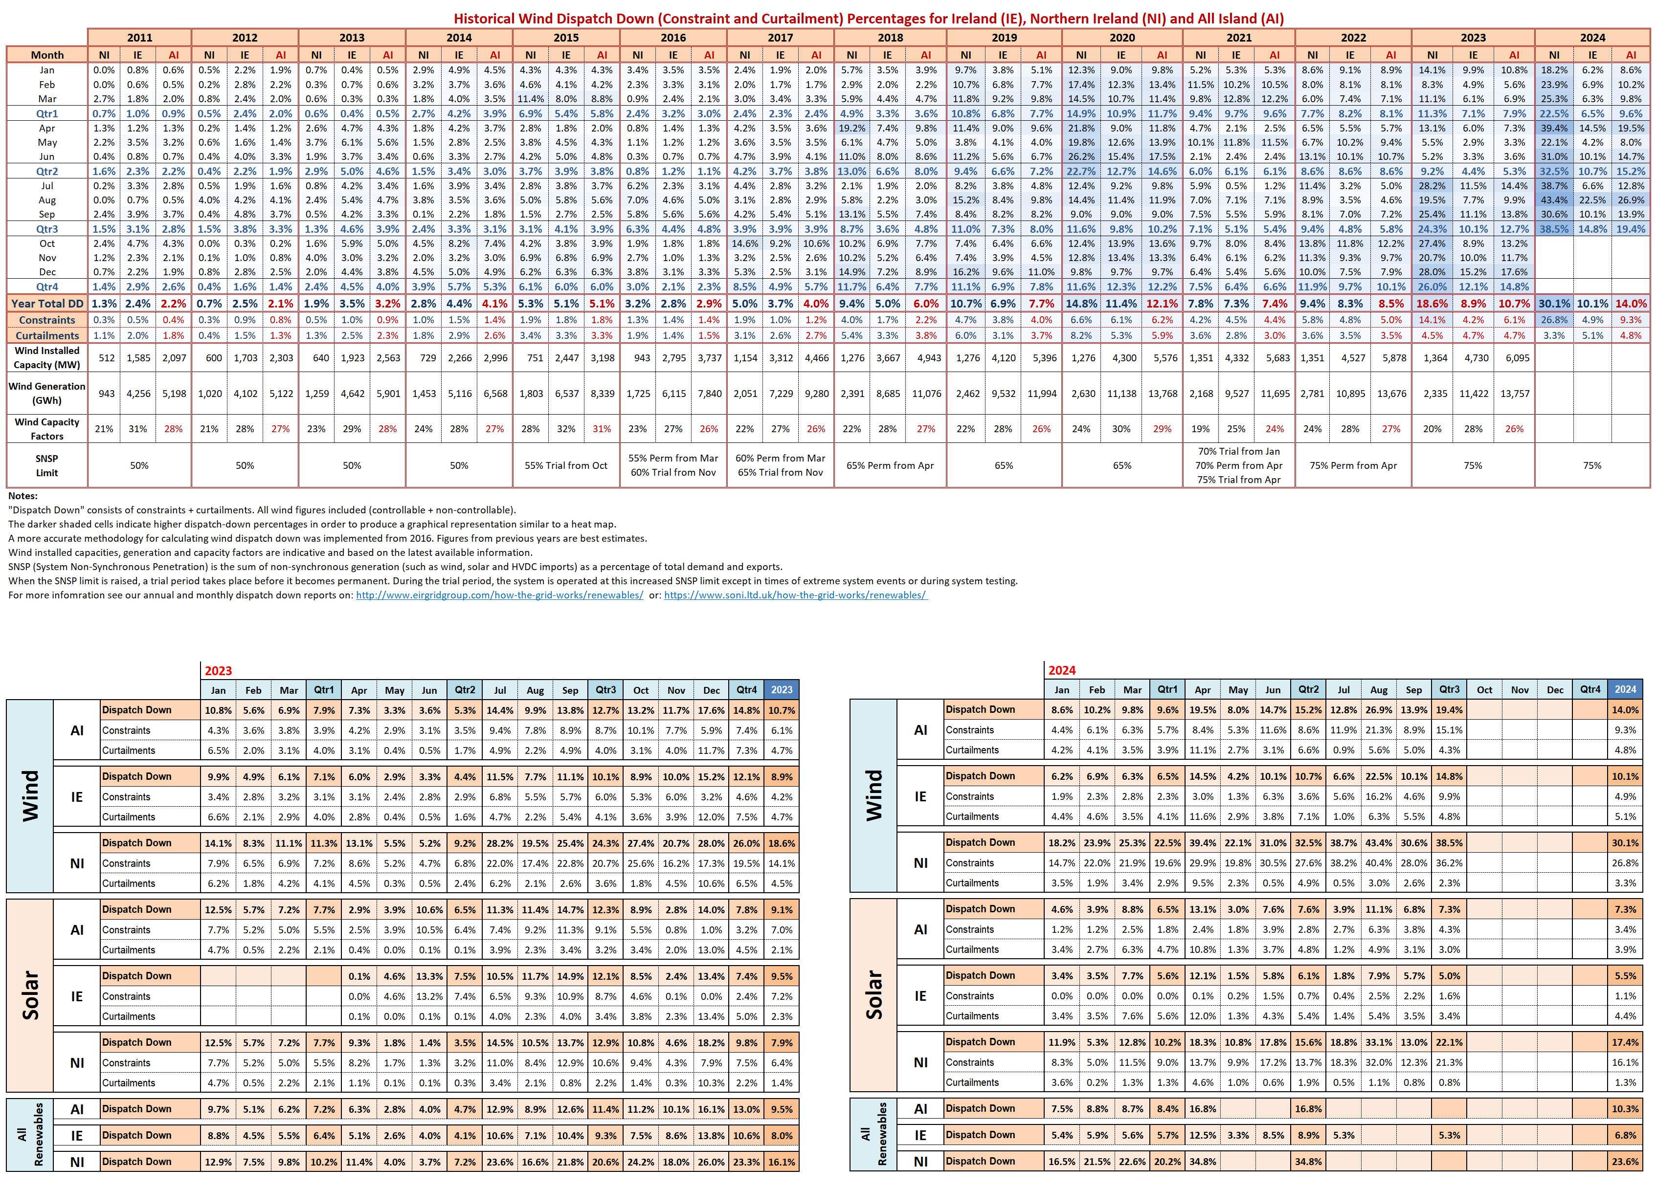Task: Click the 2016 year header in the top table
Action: [673, 37]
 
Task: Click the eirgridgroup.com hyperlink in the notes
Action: [500, 595]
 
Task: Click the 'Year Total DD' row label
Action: [47, 304]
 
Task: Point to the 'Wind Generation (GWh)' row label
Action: [47, 394]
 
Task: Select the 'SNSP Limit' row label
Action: [47, 465]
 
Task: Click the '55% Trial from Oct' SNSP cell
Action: [566, 465]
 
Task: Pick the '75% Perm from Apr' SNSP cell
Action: [1353, 465]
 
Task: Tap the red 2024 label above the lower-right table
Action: [1062, 670]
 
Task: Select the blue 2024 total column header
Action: [1625, 689]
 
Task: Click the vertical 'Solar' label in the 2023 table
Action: [30, 995]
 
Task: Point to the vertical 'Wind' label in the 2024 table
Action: [874, 795]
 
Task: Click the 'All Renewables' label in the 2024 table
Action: [874, 1134]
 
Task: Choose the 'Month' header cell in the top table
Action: [47, 55]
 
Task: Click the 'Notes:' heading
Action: [22, 496]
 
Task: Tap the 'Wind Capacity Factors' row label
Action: [47, 429]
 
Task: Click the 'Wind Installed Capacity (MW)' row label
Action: [47, 358]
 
